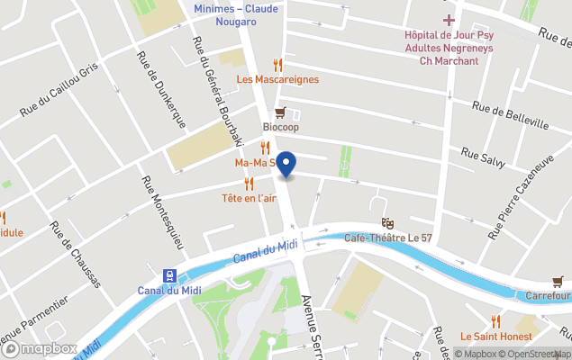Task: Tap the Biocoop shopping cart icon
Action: click(280, 112)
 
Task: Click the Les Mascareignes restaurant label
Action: click(277, 79)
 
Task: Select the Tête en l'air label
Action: click(249, 198)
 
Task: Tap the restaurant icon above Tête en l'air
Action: click(249, 183)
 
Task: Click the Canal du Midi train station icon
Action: click(168, 275)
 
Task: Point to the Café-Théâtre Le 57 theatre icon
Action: click(388, 223)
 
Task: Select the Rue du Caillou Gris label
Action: click(58, 93)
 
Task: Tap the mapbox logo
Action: click(40, 348)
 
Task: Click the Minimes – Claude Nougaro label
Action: click(236, 15)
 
